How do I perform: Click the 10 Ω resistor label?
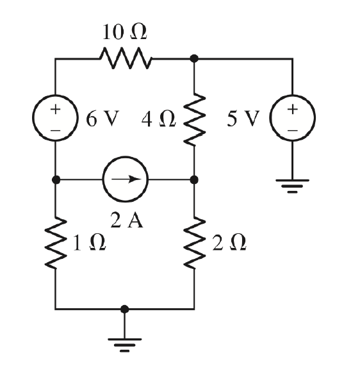(x=125, y=32)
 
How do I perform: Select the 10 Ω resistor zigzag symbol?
(x=125, y=59)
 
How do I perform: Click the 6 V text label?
(x=99, y=120)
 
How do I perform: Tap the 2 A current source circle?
(x=125, y=179)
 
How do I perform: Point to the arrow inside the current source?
(x=127, y=179)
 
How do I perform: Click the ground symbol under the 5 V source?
(x=292, y=186)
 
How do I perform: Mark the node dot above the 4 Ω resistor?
(x=194, y=59)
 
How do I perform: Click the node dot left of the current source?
(x=56, y=179)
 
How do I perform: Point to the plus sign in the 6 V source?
(x=56, y=109)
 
